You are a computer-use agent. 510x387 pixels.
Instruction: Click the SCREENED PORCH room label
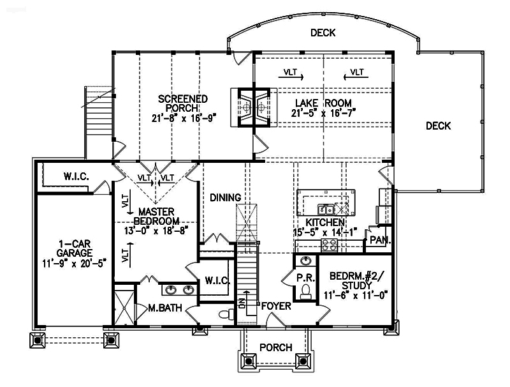183,103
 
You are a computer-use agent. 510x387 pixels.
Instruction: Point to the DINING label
226,198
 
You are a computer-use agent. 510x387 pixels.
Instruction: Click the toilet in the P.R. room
305,292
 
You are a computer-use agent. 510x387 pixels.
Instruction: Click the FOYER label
275,307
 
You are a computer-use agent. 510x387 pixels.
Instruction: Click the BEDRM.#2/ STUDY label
356,281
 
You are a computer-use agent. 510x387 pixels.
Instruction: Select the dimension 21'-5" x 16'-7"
323,114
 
